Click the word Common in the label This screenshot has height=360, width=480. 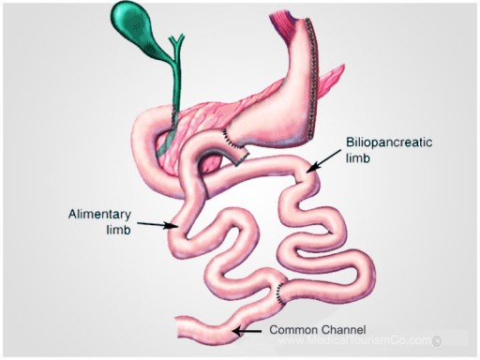pyautogui.click(x=292, y=331)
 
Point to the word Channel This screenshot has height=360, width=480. pyautogui.click(x=345, y=331)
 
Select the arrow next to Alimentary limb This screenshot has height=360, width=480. pyautogui.click(x=157, y=224)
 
